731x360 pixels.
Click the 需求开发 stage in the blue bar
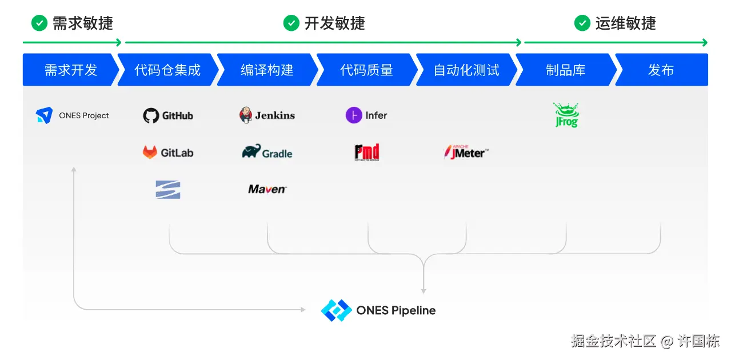tap(71, 70)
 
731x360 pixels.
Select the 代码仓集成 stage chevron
tap(167, 70)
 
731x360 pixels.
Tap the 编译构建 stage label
tap(267, 70)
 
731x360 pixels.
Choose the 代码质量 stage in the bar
tap(366, 70)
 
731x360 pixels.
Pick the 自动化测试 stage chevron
tap(466, 70)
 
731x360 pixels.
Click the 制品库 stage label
tap(565, 70)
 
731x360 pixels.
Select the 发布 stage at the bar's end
tap(661, 70)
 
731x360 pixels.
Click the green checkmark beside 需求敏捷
tap(39, 23)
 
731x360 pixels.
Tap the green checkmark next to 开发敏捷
tap(291, 23)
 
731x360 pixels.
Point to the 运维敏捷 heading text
tap(625, 23)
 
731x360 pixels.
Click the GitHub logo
tap(151, 115)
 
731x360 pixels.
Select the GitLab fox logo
tap(150, 153)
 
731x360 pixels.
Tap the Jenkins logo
tap(246, 115)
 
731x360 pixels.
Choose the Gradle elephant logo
tap(251, 151)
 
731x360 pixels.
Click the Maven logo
tap(267, 189)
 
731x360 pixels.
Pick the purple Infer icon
tap(354, 115)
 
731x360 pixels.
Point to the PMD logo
tap(366, 152)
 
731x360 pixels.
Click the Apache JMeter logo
tap(466, 152)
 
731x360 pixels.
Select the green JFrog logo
tap(566, 115)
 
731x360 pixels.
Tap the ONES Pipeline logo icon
tap(336, 310)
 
